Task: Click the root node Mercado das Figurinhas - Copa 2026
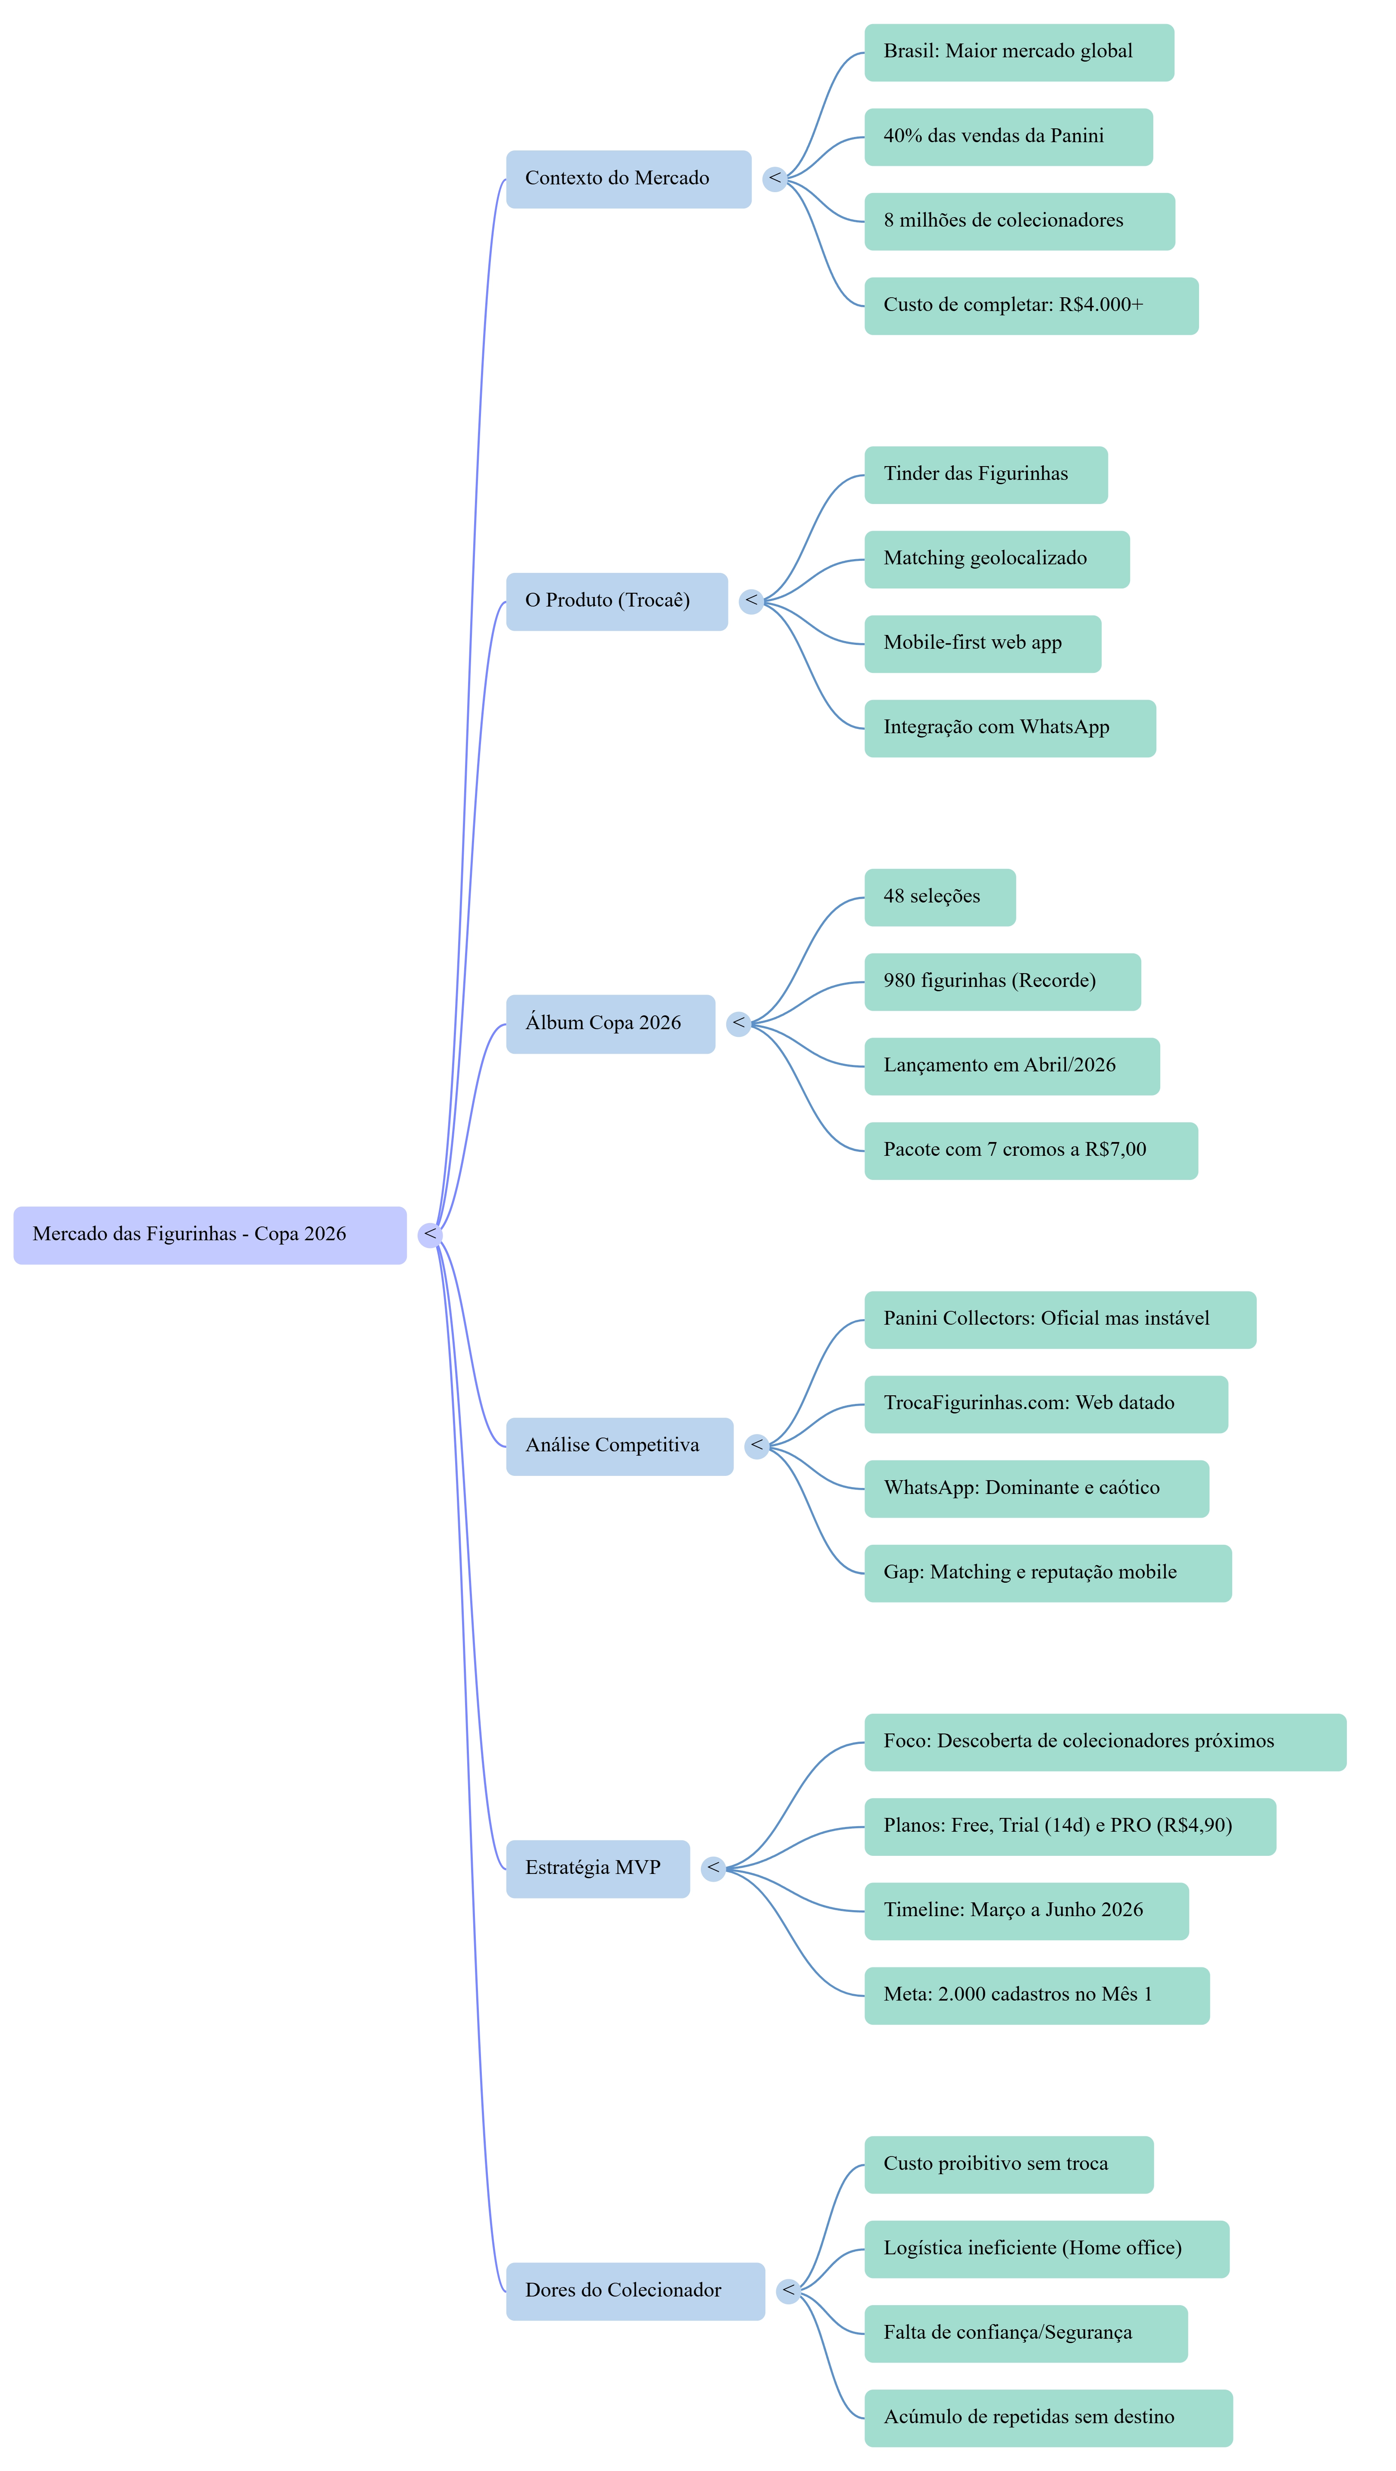(209, 1235)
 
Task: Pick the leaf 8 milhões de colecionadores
(1019, 221)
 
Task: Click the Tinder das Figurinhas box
(985, 475)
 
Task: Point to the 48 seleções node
(939, 897)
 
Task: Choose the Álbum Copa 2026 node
(610, 1024)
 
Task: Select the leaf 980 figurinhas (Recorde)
(1002, 981)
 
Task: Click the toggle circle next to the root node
(430, 1235)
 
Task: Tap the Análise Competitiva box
(619, 1446)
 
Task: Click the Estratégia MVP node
(598, 1867)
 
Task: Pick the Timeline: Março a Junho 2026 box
(1026, 1910)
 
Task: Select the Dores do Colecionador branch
(635, 2290)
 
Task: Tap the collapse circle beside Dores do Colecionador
(788, 2290)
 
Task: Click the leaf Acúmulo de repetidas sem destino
(1048, 2417)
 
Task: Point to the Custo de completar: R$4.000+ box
(1031, 306)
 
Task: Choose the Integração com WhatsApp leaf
(1009, 728)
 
